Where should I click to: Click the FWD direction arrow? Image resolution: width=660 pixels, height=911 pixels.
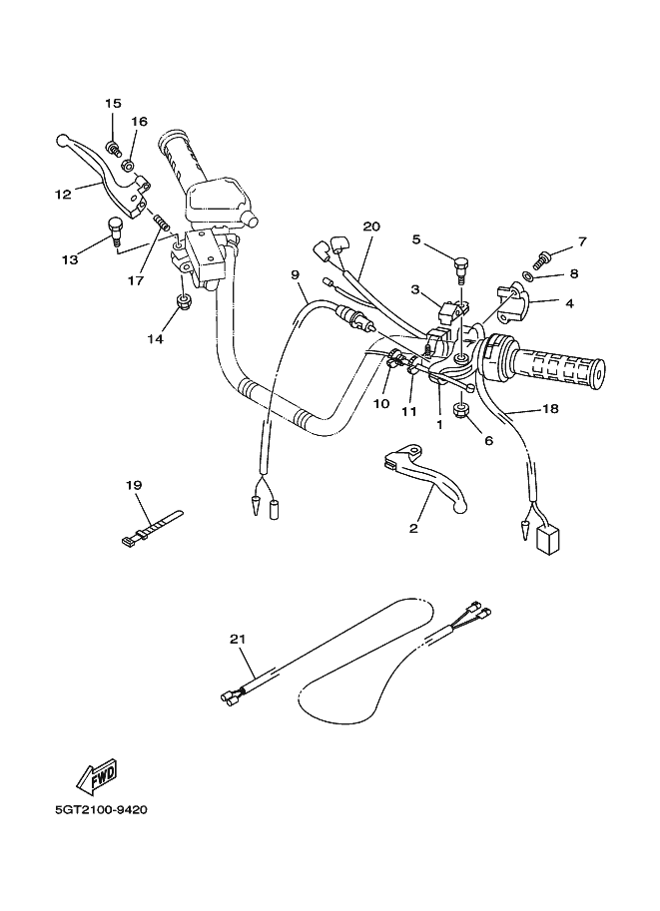click(x=96, y=774)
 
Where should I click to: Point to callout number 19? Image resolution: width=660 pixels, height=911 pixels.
click(x=135, y=485)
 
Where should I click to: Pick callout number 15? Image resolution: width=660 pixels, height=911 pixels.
click(x=112, y=104)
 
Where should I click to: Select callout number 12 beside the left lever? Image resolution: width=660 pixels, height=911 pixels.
click(x=62, y=195)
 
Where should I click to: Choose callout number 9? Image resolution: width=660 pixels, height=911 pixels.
click(x=295, y=273)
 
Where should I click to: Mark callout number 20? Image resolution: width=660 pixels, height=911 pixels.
click(x=371, y=227)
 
